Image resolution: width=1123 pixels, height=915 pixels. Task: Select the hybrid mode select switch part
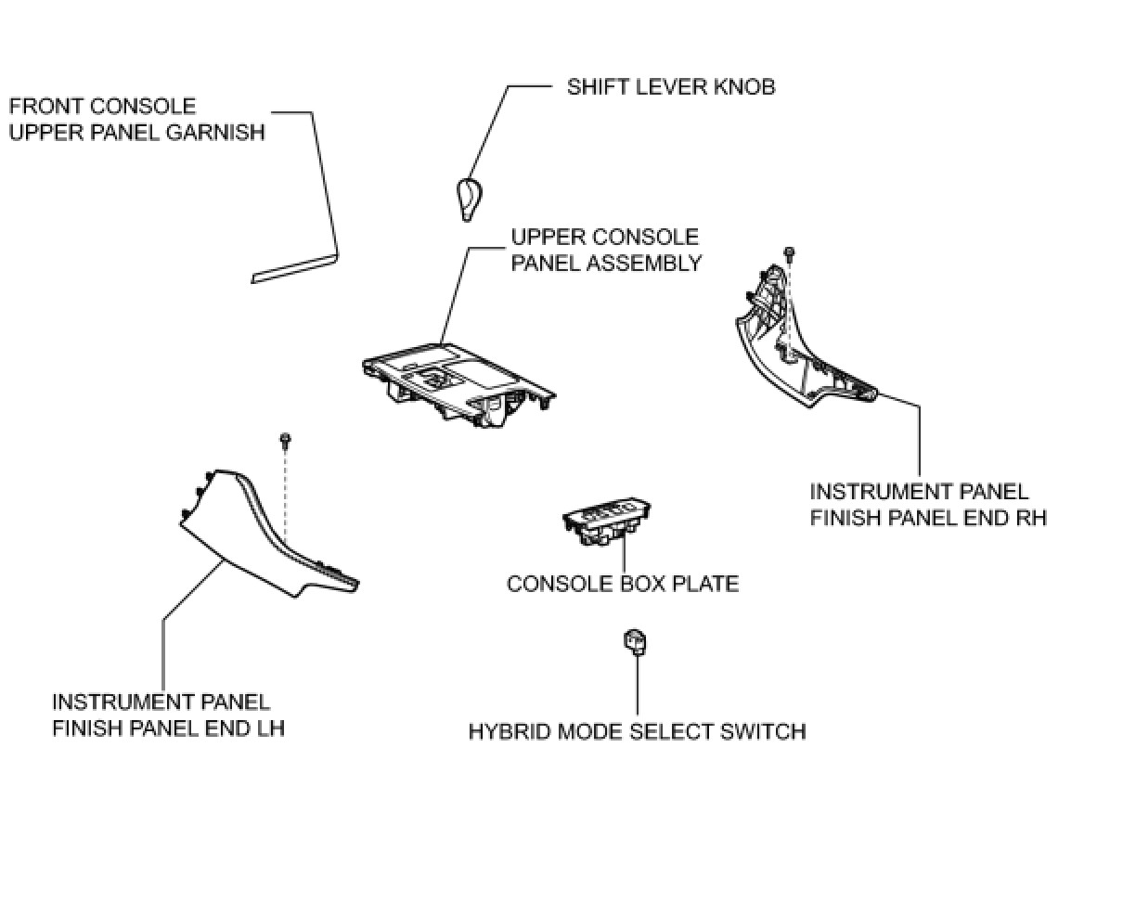tap(636, 641)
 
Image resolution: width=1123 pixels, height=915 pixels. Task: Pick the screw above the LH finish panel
tap(285, 437)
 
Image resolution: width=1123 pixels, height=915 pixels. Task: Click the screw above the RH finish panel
tap(790, 251)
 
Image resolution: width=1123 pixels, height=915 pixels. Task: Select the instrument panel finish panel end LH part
tap(265, 538)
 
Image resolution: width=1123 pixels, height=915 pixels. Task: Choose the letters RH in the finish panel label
tap(1029, 518)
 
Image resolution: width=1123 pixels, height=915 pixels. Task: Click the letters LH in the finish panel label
tap(267, 728)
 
